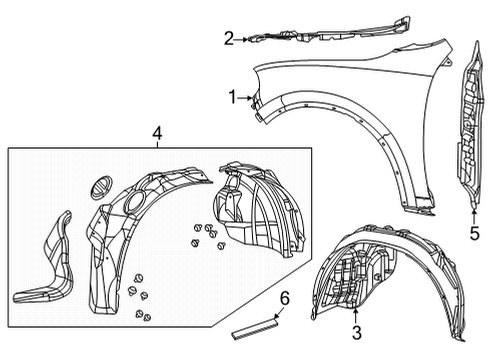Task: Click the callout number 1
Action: coord(233,98)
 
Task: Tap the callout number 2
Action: coord(229,40)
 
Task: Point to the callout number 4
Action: coord(157,133)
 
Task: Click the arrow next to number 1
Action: coord(249,98)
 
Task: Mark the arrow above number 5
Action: coord(474,213)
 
